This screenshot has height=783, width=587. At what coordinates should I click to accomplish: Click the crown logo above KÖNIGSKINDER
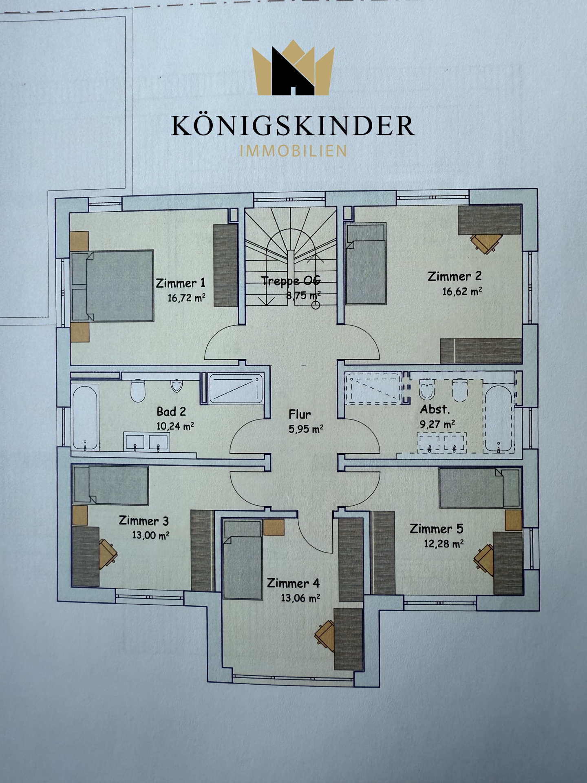coord(293,68)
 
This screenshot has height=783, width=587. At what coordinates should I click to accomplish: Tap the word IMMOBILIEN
coord(293,151)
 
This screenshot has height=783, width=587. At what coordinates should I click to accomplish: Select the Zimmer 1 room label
coord(181,283)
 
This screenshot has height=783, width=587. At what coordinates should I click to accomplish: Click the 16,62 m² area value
coord(462,292)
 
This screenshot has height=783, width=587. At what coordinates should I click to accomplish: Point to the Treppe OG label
coord(291,281)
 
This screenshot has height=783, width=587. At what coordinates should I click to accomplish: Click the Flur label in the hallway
coord(300,415)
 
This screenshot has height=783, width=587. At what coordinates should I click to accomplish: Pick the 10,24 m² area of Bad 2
coord(175,426)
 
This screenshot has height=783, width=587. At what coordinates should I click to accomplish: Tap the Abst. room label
coord(435,409)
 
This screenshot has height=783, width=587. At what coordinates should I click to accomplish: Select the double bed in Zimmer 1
coord(112,286)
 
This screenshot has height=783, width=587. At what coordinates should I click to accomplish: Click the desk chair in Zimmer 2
coord(485,243)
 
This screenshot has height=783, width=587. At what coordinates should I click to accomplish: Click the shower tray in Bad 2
coord(236,388)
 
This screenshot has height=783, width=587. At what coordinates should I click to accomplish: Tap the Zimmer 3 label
coord(143,521)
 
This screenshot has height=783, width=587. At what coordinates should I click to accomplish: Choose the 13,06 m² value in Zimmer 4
coord(300,598)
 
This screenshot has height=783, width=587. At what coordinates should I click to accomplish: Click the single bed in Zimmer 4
coord(243,560)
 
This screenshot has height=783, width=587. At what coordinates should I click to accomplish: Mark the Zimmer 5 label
coord(437,529)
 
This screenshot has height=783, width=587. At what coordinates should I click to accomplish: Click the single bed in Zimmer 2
coord(365,263)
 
